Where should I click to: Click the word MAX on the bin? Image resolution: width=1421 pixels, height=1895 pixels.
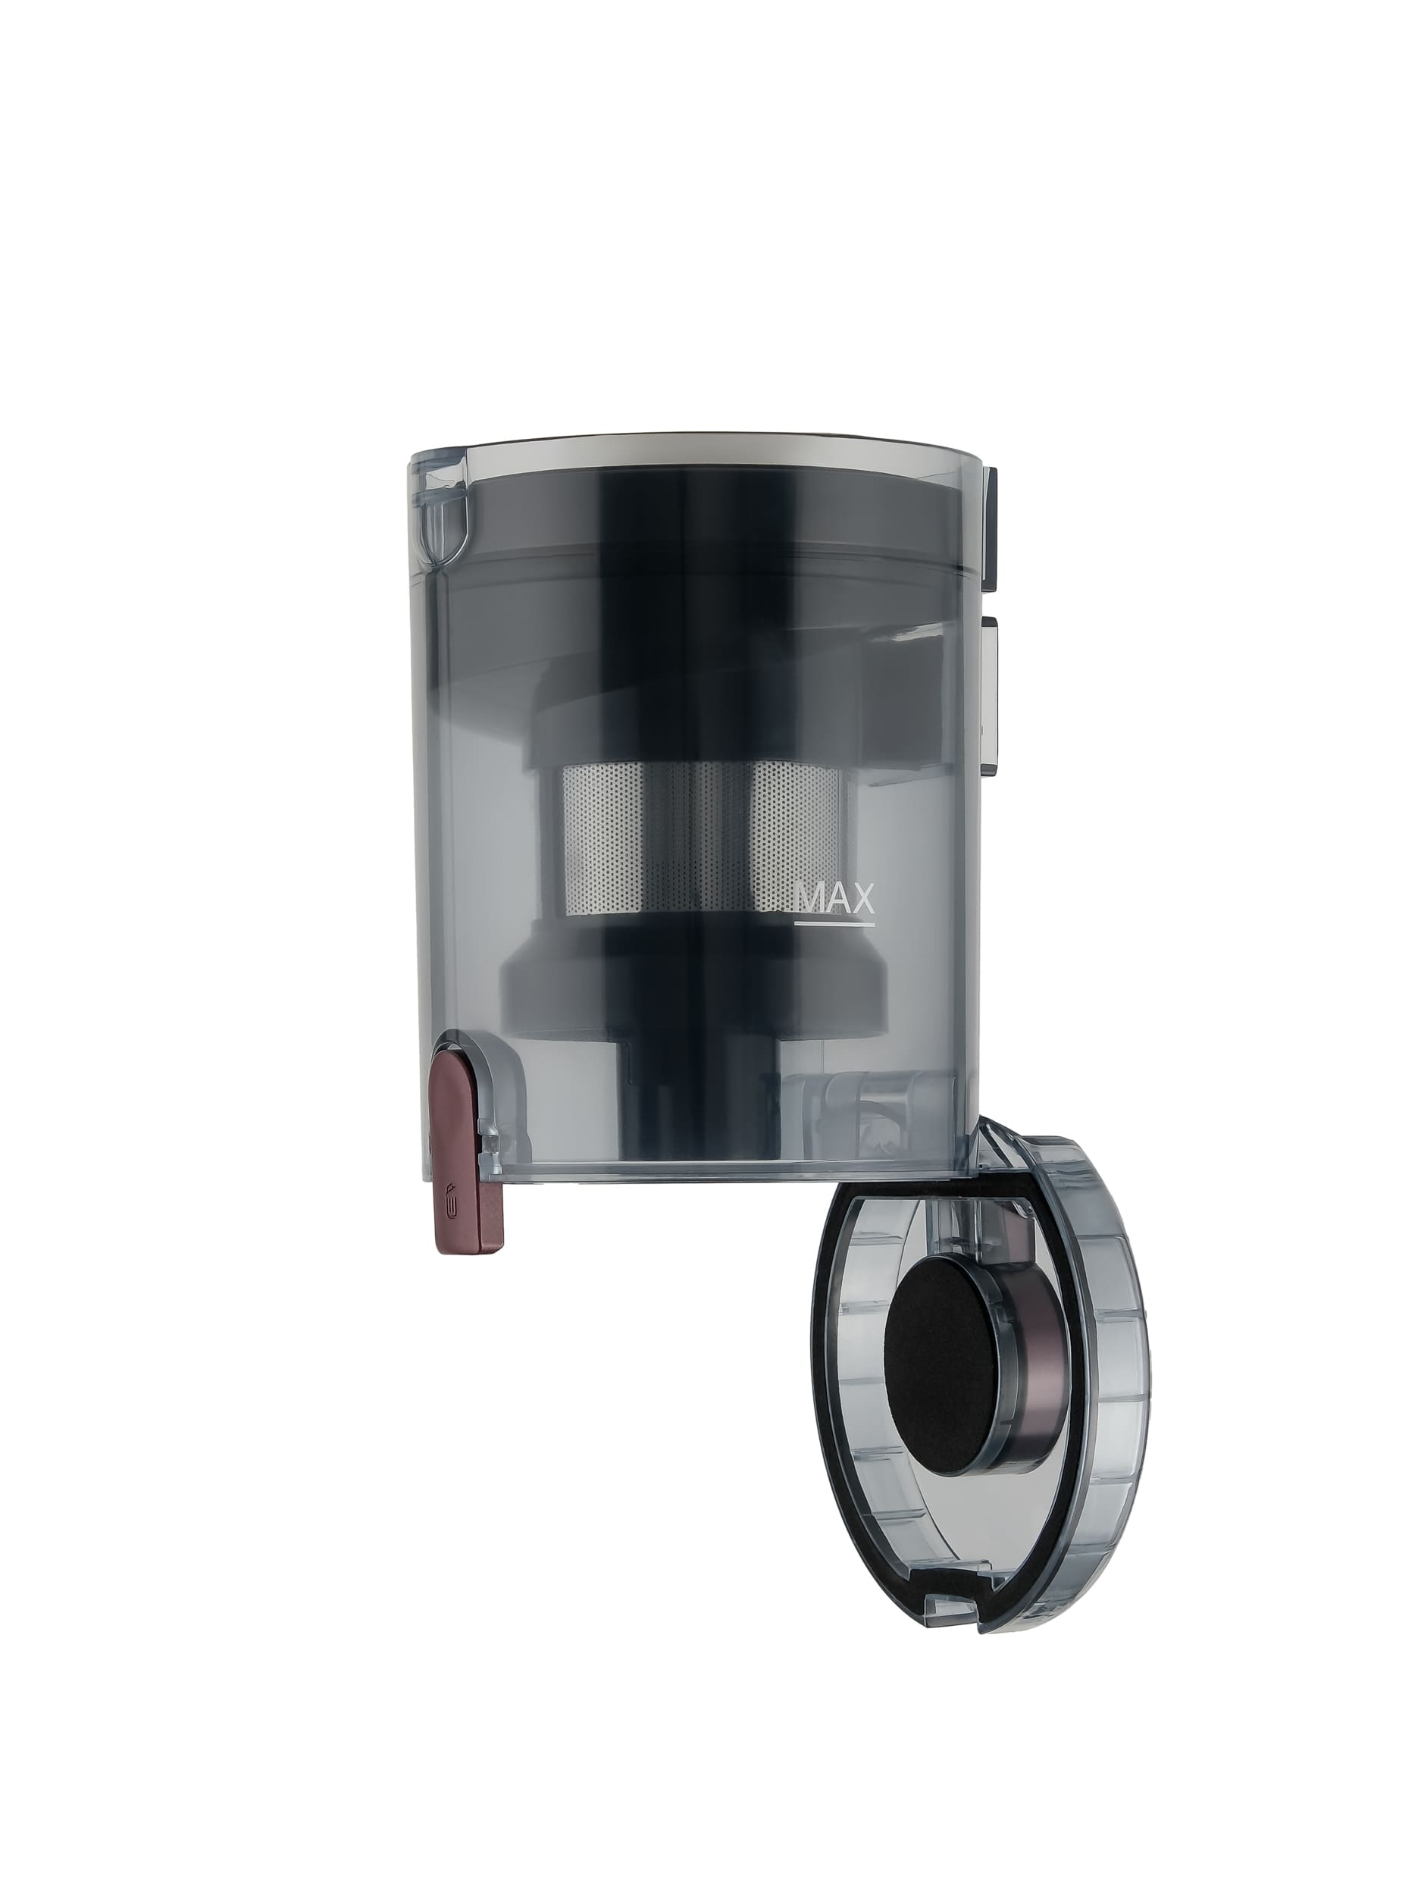834,899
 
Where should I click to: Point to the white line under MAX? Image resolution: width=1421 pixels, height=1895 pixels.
834,924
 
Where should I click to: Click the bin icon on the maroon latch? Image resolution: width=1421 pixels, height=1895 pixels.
455,1199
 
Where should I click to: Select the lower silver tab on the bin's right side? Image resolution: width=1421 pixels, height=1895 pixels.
993,693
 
